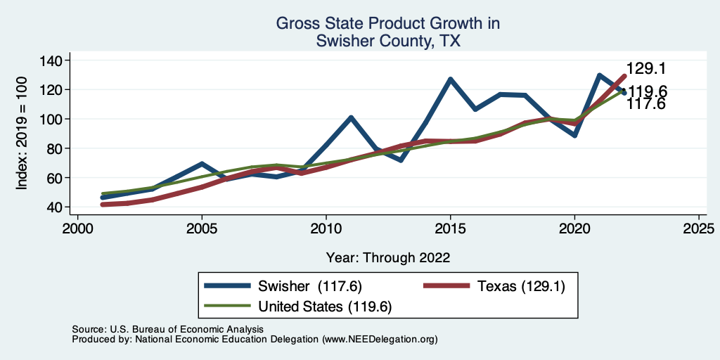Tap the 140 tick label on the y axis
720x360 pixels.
tap(51, 60)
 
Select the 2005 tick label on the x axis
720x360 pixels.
tap(202, 230)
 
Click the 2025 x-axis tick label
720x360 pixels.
tap(699, 230)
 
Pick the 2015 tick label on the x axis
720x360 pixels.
tap(450, 230)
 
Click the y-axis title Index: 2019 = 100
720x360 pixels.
tap(22, 134)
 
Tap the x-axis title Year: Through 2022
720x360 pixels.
tap(388, 257)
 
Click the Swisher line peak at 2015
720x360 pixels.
tap(450, 79)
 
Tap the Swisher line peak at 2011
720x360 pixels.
tap(351, 117)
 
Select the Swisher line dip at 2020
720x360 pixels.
tap(574, 135)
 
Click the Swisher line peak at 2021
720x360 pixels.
tap(599, 75)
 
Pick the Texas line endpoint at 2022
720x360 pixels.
tap(624, 76)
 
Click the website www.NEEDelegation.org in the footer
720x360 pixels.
tap(379, 339)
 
